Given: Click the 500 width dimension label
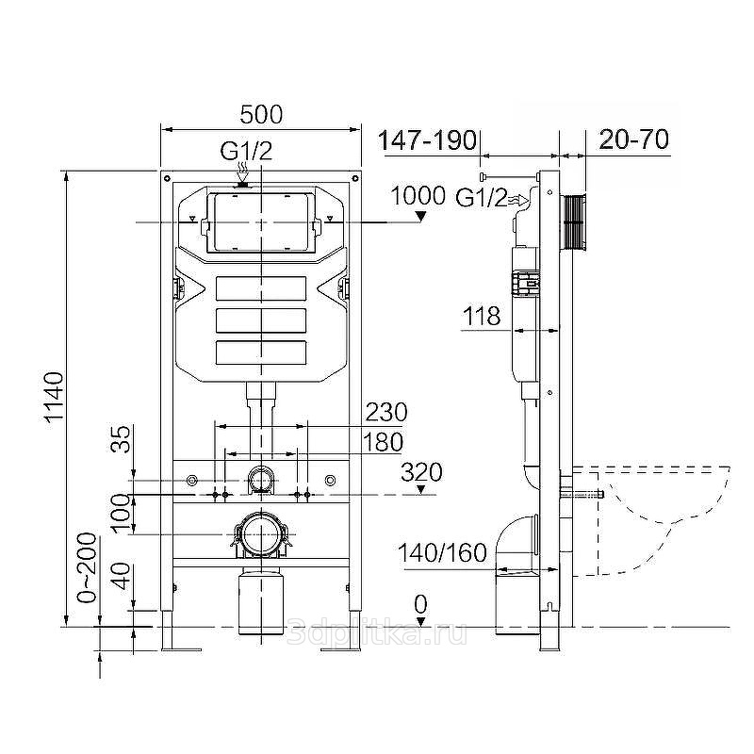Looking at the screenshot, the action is point(261,115).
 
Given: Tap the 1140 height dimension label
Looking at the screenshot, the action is point(55,396).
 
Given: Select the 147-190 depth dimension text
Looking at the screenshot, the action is point(427,140).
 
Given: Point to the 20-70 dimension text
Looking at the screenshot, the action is point(633,139).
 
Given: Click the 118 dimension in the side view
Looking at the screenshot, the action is point(482,317).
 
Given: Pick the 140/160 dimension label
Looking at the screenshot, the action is point(442,553).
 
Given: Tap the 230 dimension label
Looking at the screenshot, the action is point(386,412).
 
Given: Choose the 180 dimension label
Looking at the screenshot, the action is point(383,442).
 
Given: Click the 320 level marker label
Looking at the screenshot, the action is point(421,472).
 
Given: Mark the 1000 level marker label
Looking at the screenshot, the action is point(418,196).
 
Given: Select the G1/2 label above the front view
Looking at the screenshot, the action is point(246,151).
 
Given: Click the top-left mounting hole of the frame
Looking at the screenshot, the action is point(167,178).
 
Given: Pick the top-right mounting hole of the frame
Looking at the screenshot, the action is point(355,178).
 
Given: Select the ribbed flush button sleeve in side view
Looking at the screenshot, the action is point(574,222).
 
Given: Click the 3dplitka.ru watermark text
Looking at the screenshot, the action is point(376,632).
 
